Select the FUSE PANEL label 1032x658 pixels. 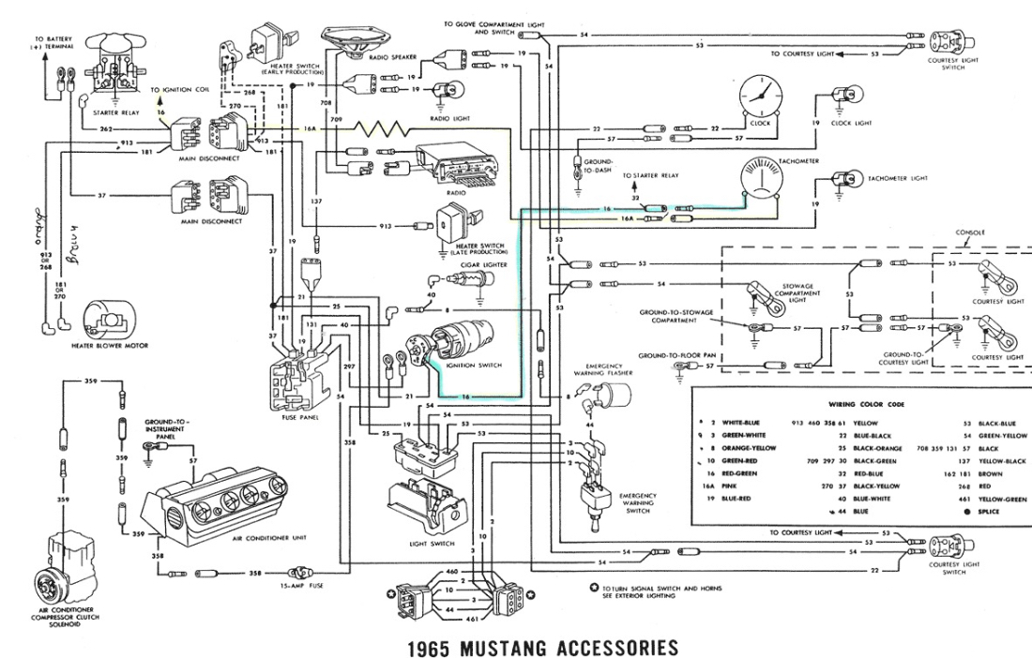297,417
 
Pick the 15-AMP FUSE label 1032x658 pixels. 302,586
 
